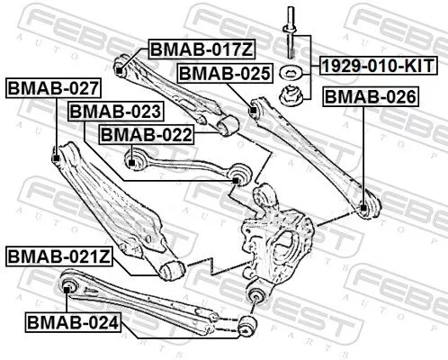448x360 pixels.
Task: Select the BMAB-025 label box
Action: (224, 73)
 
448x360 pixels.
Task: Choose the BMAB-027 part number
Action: (52, 88)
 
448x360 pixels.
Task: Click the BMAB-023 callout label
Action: (115, 112)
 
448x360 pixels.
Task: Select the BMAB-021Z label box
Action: (59, 256)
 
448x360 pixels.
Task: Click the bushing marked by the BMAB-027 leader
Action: (56, 159)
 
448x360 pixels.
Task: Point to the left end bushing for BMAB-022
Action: (131, 163)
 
